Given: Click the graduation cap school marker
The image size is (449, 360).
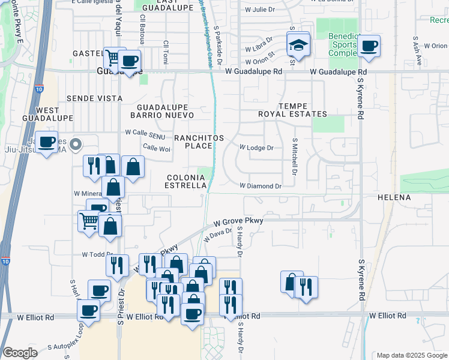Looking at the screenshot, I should pyautogui.click(x=297, y=44).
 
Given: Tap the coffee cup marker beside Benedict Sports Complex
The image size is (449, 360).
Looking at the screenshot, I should pyautogui.click(x=369, y=46).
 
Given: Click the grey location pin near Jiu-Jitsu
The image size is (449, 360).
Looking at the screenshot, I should pyautogui.click(x=76, y=144).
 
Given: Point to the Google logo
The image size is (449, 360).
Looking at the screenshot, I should pyautogui.click(x=20, y=353).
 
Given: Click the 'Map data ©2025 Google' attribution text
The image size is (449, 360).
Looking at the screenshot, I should pyautogui.click(x=411, y=355).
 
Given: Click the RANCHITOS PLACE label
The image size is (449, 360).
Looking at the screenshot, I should pyautogui.click(x=199, y=142).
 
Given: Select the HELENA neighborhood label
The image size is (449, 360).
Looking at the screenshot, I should pyautogui.click(x=394, y=197).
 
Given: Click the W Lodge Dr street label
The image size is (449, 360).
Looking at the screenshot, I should pyautogui.click(x=256, y=148).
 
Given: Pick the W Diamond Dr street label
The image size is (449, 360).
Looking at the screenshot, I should pyautogui.click(x=261, y=187).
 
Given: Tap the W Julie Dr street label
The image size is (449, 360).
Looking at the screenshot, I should pyautogui.click(x=264, y=10).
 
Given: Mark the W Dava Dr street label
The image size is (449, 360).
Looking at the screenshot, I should pyautogui.click(x=217, y=235).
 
